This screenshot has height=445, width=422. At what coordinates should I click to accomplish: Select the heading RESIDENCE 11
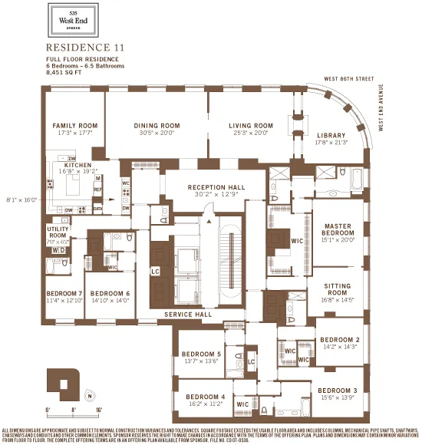85,47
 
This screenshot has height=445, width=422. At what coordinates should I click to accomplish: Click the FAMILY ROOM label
75,125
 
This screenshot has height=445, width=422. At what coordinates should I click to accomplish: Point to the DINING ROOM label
157,125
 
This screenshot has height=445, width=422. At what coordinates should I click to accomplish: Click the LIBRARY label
331,136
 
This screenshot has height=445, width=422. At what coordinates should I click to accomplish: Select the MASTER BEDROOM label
338,230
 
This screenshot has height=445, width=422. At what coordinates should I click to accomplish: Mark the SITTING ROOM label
338,288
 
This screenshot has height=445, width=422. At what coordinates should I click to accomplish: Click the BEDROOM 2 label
339,339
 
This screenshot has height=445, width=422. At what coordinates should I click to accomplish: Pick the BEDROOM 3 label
338,390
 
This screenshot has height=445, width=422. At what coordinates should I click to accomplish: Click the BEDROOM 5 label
202,354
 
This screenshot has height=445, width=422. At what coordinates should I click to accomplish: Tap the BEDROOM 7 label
64,293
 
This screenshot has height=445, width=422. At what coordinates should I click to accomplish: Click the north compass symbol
90,396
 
